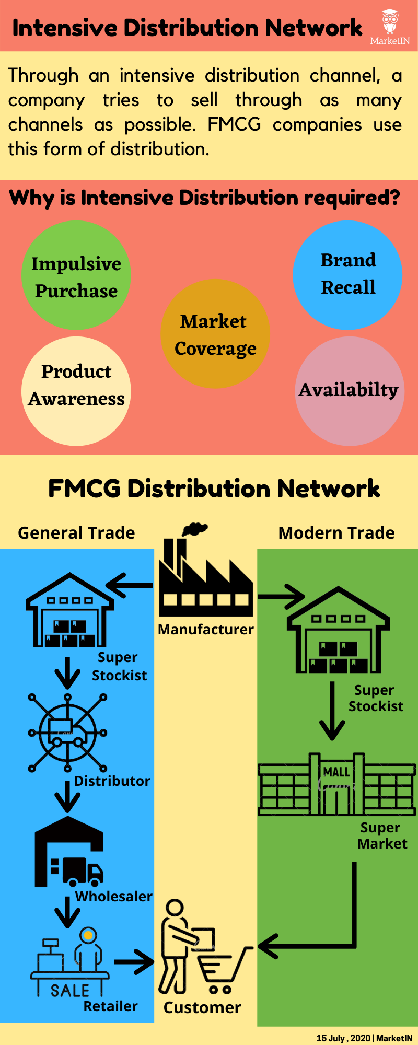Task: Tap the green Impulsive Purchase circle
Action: pos(76,275)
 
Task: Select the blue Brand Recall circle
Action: pos(347,275)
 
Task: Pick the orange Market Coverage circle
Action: pos(215,333)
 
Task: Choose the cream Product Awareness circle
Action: pos(76,391)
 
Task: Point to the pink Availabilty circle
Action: pos(350,391)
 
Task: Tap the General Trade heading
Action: pos(76,533)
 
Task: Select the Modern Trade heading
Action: pos(336,533)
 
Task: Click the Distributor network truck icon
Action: pos(67,732)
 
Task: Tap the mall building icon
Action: pos(336,784)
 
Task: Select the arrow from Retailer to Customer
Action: pos(134,961)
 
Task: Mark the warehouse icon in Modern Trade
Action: pos(339,629)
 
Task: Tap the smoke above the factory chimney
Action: pos(194,529)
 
